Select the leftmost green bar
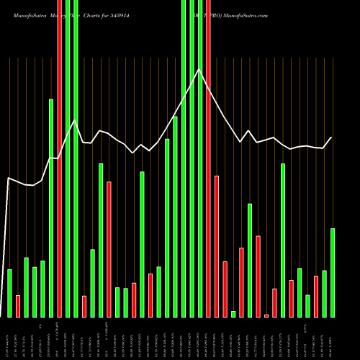9,293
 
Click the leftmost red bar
18,306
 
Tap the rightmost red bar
316,296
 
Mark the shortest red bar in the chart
266,315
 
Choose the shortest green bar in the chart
233,314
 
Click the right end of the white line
332,138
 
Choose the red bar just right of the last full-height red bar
217,246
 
